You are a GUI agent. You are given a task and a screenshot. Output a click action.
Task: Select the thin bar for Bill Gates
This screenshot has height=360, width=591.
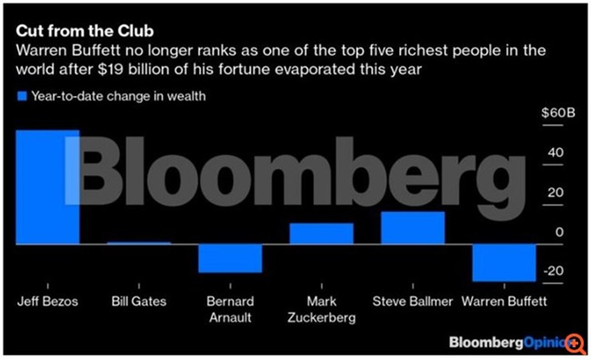click(x=139, y=242)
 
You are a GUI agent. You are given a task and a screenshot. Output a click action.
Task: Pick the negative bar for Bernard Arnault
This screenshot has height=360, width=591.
click(x=230, y=257)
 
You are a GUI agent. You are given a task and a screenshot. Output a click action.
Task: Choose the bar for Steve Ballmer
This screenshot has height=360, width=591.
click(x=412, y=228)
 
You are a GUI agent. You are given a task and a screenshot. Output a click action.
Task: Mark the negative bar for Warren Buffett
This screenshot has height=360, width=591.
click(x=504, y=262)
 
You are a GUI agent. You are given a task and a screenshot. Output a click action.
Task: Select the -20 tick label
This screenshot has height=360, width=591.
click(x=553, y=271)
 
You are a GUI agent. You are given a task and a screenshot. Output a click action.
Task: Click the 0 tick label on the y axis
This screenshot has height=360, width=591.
click(x=559, y=232)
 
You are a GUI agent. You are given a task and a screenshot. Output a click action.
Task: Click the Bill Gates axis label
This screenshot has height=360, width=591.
click(x=139, y=302)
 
